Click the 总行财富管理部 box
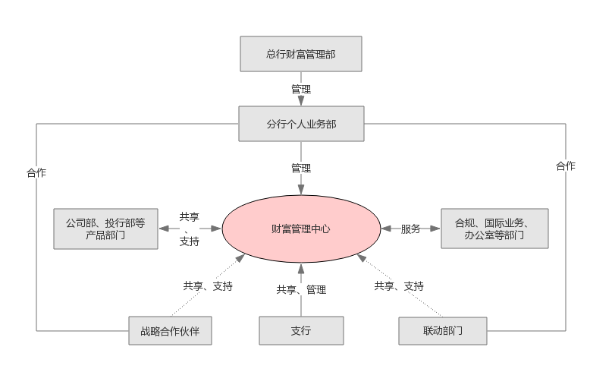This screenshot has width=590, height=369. tap(300, 55)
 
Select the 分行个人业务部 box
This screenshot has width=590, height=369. tap(301, 123)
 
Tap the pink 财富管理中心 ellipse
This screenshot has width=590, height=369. tap(300, 228)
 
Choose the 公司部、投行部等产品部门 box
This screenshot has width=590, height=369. tap(105, 229)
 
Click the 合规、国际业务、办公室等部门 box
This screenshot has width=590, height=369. tap(494, 229)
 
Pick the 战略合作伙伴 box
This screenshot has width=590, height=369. tap(169, 331)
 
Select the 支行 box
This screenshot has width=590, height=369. tap(301, 331)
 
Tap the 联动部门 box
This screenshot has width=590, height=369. tap(443, 331)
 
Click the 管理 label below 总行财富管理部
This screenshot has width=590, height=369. tap(301, 89)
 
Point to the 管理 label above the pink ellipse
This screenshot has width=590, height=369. tap(301, 168)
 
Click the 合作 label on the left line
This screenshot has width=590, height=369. tap(36, 172)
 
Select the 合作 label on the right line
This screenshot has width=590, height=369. tap(566, 166)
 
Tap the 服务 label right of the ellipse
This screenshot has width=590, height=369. tap(411, 229)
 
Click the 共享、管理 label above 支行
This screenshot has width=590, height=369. tap(301, 289)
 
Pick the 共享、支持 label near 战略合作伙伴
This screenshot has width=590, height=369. tap(208, 286)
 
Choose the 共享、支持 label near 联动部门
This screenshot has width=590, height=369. tap(399, 286)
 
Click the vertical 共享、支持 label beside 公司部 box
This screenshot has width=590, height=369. tap(190, 229)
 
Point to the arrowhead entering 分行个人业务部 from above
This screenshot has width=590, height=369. tap(301, 101)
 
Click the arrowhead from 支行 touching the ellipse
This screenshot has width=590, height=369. tap(301, 267)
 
